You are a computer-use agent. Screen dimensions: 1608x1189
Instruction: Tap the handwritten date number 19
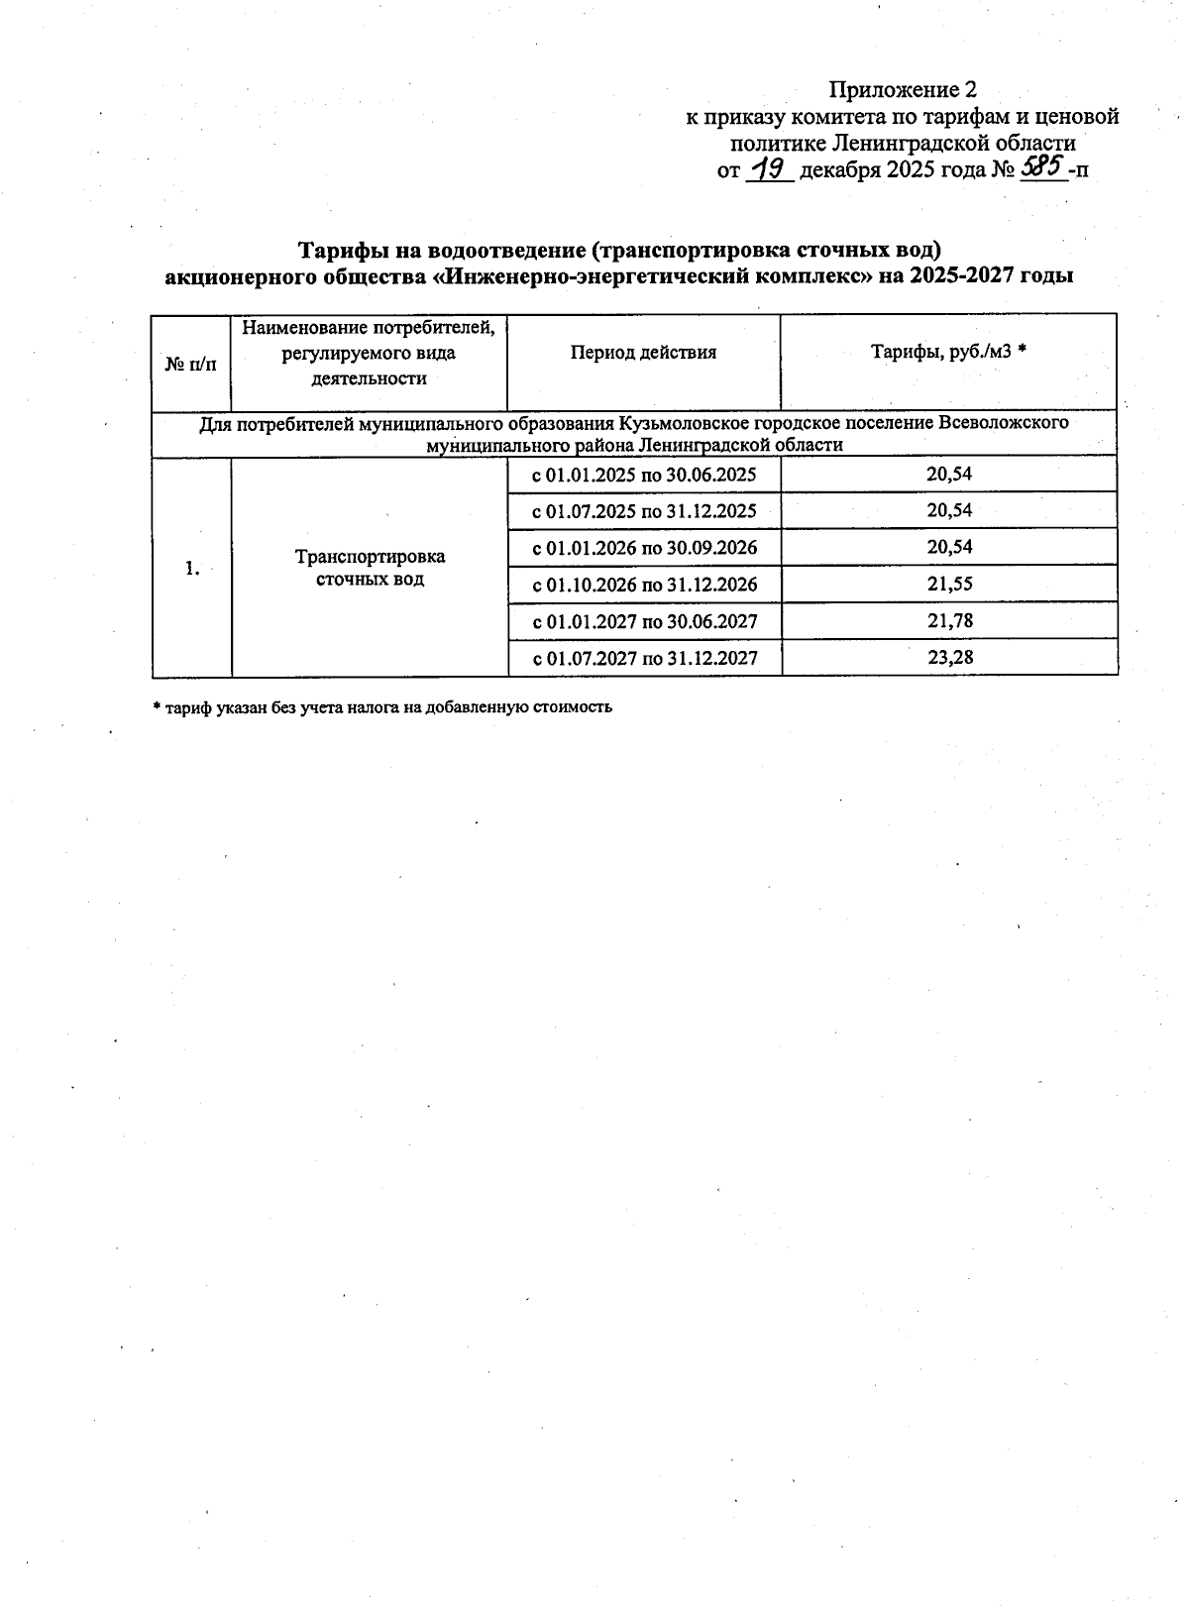768,169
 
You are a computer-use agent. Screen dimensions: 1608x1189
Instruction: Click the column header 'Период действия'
643,353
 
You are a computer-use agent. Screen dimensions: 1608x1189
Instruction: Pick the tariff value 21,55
949,585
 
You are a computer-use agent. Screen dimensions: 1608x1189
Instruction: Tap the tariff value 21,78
949,621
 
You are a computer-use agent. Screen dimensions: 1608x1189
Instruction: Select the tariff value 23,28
949,658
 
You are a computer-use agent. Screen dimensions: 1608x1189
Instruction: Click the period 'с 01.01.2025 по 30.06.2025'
644,475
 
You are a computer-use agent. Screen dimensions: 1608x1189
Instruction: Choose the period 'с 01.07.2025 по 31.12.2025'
644,511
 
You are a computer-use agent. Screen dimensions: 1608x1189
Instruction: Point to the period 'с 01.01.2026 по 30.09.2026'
644,548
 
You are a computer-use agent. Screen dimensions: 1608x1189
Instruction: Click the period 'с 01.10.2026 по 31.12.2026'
644,585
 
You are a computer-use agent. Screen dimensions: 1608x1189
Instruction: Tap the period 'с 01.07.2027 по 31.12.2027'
644,658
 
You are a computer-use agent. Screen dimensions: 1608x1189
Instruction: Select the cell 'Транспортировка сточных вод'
370,568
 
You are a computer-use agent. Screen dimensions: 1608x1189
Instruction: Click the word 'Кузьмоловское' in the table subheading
673,423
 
